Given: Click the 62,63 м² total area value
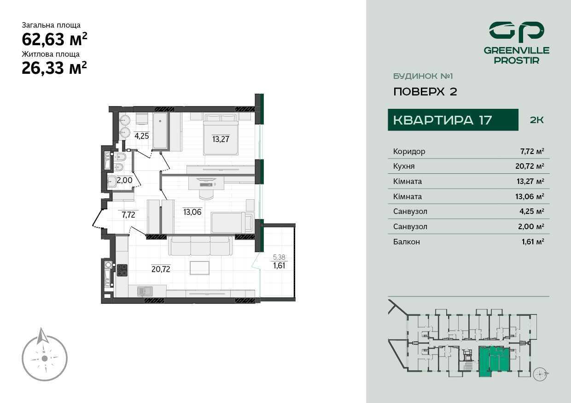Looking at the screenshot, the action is [54, 39].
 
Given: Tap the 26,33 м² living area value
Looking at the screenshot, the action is [54, 68].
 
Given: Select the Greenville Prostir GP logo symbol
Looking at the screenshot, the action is [517, 36].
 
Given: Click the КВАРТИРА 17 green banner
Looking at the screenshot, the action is [453, 120].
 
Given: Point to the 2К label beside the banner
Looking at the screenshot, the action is [536, 120].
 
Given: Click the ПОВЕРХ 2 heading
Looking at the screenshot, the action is [425, 92].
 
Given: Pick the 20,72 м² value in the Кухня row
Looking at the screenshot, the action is [530, 166].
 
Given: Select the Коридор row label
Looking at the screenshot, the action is [409, 151].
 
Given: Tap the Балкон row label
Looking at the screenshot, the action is [407, 242].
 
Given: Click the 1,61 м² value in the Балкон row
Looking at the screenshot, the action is [533, 242].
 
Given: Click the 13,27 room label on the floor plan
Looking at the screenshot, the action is [221, 139].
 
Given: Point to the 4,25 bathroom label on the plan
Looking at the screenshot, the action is [141, 136].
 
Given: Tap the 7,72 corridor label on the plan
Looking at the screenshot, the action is [128, 215].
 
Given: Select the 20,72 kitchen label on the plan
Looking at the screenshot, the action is [161, 269].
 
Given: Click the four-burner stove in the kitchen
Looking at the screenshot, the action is [122, 270].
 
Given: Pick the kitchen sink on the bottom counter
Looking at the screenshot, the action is [145, 291].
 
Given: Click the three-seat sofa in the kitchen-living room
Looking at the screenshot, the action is [200, 245].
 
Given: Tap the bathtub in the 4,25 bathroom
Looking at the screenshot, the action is [160, 131].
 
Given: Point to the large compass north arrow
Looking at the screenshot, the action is [43, 336].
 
